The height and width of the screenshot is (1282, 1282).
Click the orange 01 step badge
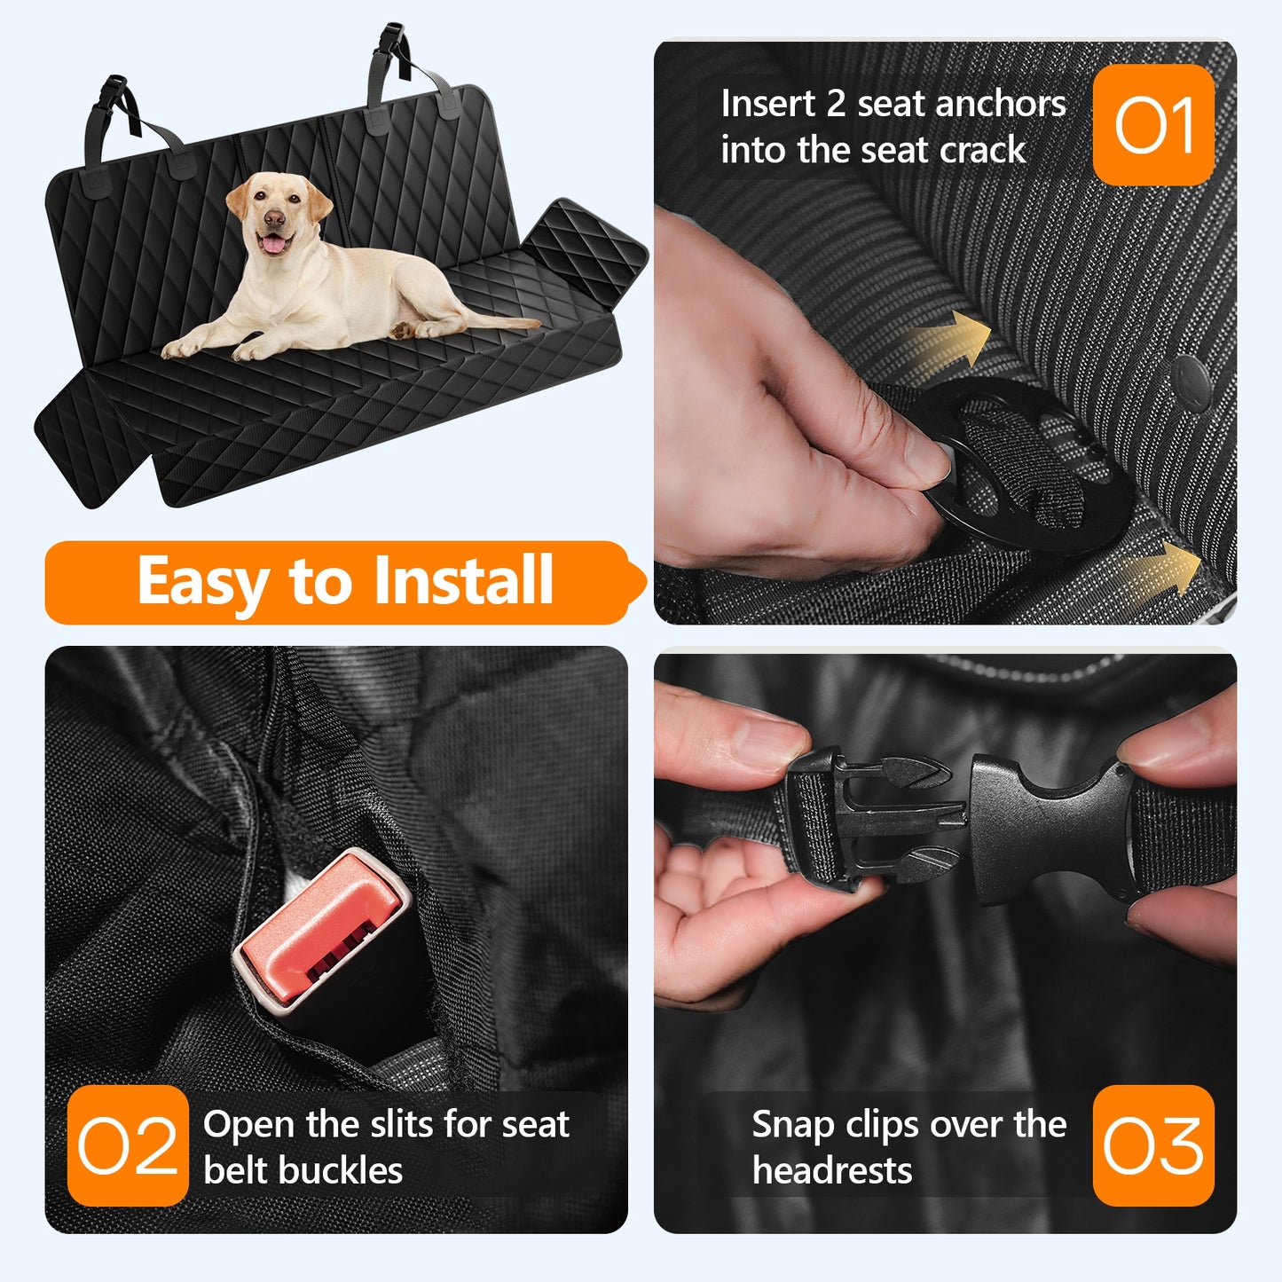click(1153, 125)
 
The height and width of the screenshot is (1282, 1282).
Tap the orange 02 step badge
click(128, 1145)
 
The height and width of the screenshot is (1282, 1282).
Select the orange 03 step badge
click(1153, 1145)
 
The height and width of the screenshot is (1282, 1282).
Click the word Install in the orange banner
click(463, 581)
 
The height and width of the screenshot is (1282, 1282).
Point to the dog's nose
click(274, 217)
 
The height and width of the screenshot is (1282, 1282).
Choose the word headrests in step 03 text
click(831, 1170)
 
